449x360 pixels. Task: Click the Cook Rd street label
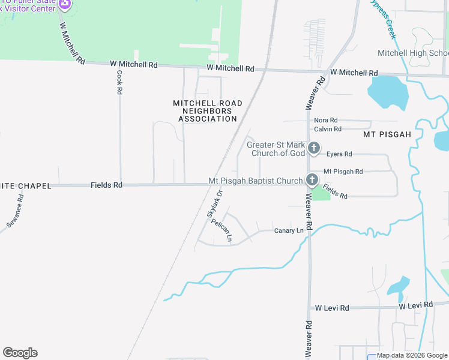coord(120,82)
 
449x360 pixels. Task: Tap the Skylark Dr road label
coord(215,203)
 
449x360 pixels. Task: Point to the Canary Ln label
coord(289,231)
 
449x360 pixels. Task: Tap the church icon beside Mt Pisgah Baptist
coord(312,180)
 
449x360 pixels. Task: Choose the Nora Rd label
coord(326,120)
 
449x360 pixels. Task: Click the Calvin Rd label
coord(328,129)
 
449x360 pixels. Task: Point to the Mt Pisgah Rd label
coord(343,172)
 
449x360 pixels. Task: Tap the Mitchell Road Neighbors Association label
coord(208,111)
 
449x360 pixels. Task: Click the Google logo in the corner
coord(20,353)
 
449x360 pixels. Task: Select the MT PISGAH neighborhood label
coord(387,135)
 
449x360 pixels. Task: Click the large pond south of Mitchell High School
coord(388,92)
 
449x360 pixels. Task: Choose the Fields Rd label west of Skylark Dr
coord(106,185)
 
